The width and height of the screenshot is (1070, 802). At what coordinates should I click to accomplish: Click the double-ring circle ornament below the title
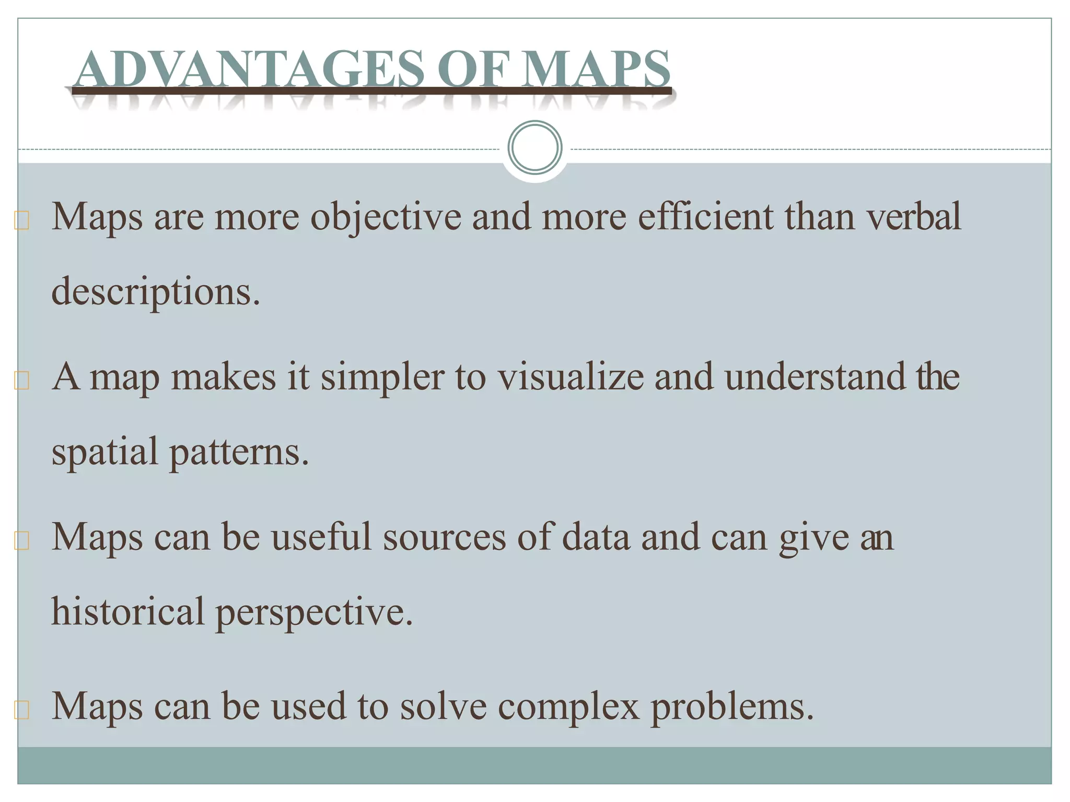point(534,147)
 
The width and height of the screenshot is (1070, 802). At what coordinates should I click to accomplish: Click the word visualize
point(571,376)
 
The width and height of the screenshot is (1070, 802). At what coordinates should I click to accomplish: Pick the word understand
point(815,376)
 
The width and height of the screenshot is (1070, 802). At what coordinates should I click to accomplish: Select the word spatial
point(104,452)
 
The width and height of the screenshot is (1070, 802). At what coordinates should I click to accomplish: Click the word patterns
point(239,452)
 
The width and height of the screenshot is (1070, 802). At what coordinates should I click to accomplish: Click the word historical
point(127,611)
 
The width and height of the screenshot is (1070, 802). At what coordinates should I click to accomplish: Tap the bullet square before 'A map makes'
point(22,381)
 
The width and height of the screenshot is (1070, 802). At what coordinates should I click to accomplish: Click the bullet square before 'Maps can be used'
point(22,710)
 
